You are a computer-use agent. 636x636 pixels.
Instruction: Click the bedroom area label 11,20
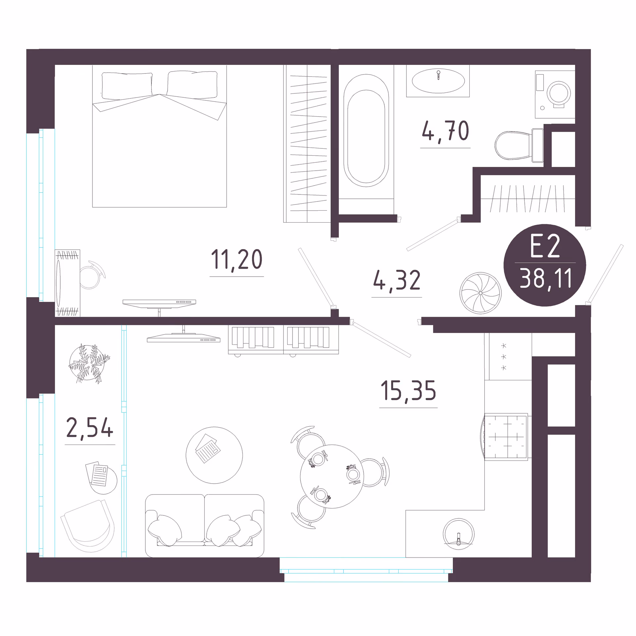point(237,260)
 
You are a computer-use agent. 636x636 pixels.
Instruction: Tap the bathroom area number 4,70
point(446,131)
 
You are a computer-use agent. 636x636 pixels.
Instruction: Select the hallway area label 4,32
point(397,280)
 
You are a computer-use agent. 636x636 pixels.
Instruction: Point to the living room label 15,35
point(408,391)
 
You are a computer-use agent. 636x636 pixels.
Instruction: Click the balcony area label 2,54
point(90,428)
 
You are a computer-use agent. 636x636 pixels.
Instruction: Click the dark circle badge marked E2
point(545,265)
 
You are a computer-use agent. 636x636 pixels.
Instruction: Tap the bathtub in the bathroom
point(366,131)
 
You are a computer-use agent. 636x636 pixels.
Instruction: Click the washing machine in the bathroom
point(555,94)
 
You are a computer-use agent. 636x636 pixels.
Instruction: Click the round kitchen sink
point(458,534)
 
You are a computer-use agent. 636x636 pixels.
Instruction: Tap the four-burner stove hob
point(506,437)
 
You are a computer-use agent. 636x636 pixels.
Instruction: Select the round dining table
point(332,476)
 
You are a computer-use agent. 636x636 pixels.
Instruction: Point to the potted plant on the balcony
point(89,363)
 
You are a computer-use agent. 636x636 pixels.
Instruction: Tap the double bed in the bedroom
point(159,136)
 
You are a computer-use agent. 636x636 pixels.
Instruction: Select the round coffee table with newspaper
point(214,455)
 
